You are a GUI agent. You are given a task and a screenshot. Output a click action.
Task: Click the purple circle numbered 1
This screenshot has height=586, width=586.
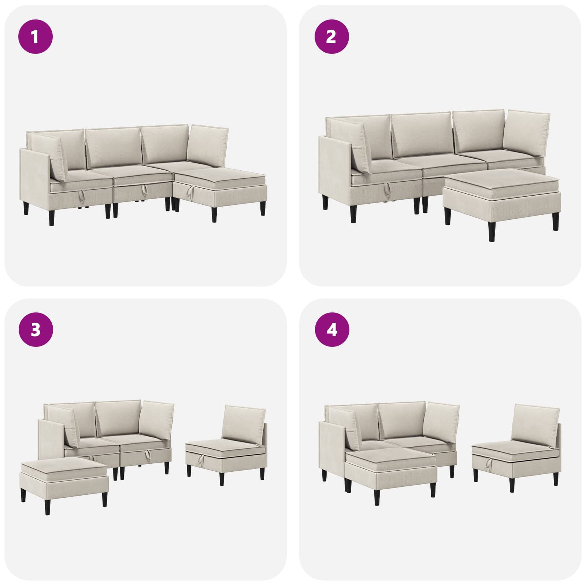[36, 37]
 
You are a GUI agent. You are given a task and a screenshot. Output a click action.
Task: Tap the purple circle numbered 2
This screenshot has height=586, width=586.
[332, 37]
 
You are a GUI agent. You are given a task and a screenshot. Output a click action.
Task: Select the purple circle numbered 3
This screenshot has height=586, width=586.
[36, 330]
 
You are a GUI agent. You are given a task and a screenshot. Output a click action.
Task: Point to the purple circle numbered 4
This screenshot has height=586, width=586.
[332, 330]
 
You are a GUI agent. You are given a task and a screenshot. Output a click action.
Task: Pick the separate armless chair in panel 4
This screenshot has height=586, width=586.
[517, 447]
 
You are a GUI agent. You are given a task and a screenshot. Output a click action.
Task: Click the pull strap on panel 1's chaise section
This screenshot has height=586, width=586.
[190, 190]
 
